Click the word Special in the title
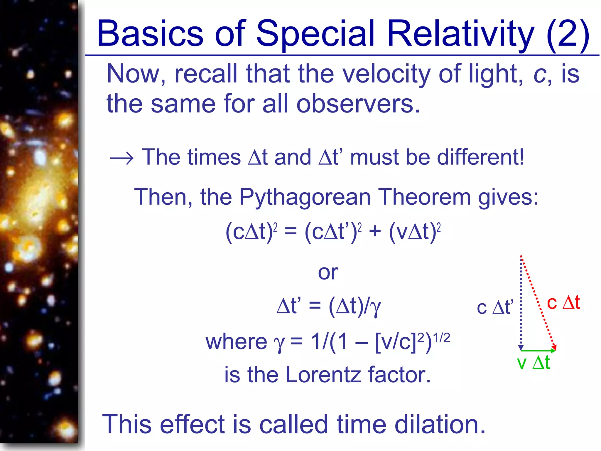[x=315, y=34]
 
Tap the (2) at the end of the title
[x=568, y=34]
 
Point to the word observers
[x=358, y=104]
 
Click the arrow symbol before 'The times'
[x=121, y=159]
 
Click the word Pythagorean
[x=305, y=197]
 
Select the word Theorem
[x=424, y=197]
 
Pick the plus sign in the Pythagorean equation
[x=375, y=232]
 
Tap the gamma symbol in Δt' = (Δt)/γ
[x=375, y=308]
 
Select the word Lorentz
[x=323, y=375]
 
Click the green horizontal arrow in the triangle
[x=538, y=350]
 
